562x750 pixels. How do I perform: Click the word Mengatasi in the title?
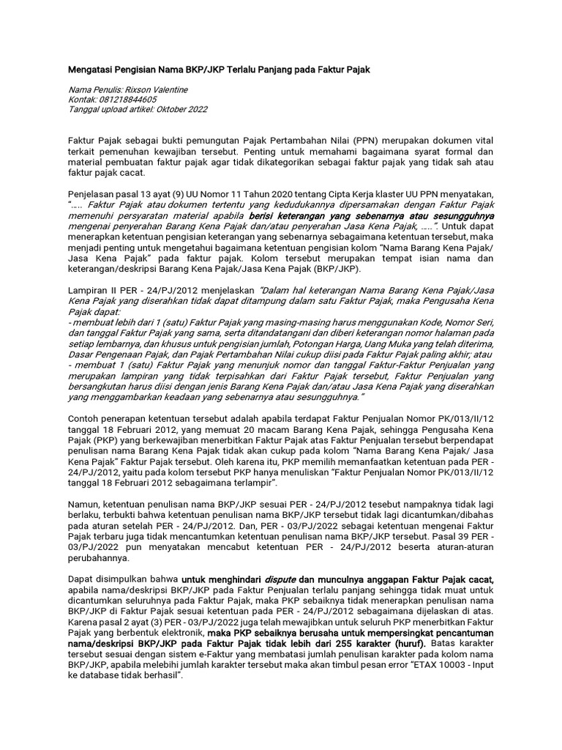click(91, 69)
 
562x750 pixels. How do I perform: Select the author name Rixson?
click(143, 89)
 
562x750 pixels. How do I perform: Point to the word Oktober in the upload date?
click(171, 109)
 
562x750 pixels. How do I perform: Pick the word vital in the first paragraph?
click(482, 139)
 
